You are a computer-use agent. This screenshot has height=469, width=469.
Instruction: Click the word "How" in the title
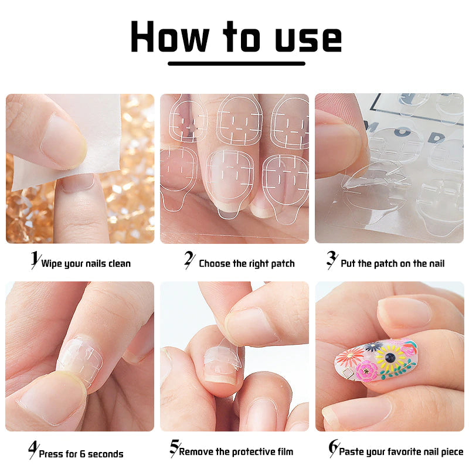click(169, 37)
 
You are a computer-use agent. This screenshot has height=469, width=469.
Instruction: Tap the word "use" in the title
click(308, 37)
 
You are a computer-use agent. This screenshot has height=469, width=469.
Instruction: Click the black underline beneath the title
click(236, 63)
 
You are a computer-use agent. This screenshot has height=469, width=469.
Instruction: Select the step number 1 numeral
click(35, 260)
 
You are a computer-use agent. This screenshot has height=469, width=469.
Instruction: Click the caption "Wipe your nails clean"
click(86, 263)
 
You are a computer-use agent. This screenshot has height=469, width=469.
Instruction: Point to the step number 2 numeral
click(189, 260)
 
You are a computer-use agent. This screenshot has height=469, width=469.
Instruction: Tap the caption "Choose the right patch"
click(246, 263)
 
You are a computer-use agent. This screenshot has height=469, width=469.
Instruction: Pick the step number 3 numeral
click(331, 260)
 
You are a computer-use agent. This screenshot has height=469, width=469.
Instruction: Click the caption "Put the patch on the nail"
click(392, 263)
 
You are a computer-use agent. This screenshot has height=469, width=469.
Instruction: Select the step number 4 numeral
click(33, 450)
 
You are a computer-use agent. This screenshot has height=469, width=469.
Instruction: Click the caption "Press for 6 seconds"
click(81, 454)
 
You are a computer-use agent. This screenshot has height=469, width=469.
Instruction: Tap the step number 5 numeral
click(174, 448)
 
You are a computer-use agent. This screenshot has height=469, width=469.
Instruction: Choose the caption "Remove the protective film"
click(236, 452)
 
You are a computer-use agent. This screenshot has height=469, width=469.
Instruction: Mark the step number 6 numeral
click(333, 448)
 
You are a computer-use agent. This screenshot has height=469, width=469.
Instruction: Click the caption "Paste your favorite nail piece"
click(401, 452)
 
